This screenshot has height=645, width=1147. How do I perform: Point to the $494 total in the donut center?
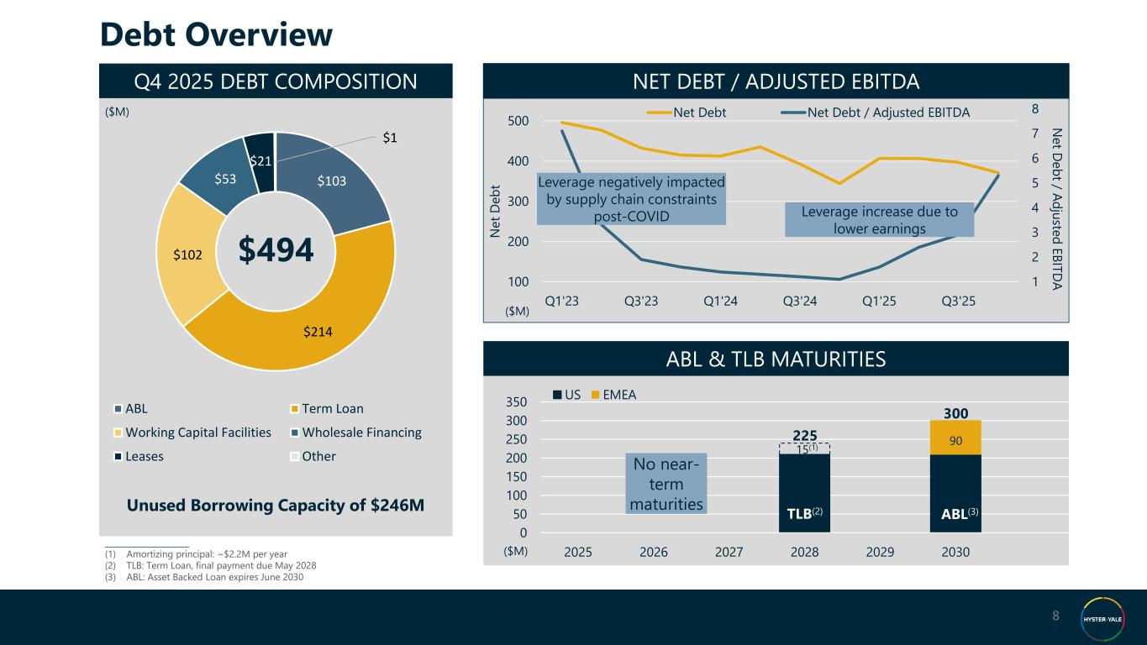pos(276,249)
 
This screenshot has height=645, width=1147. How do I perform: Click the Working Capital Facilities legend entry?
pos(198,433)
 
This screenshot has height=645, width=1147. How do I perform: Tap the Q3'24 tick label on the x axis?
pos(800,302)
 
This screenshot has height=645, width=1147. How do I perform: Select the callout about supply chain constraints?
pos(631,200)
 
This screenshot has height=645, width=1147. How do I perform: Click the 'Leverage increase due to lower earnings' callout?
pos(879,220)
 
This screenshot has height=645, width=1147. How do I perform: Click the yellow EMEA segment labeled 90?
pos(955,438)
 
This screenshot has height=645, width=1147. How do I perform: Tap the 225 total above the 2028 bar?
pos(804,434)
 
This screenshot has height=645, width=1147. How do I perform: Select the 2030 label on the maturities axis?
pos(955,552)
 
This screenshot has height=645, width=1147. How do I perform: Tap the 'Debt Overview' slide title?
pos(216,34)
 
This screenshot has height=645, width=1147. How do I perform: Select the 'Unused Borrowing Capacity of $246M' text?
pos(276,506)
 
